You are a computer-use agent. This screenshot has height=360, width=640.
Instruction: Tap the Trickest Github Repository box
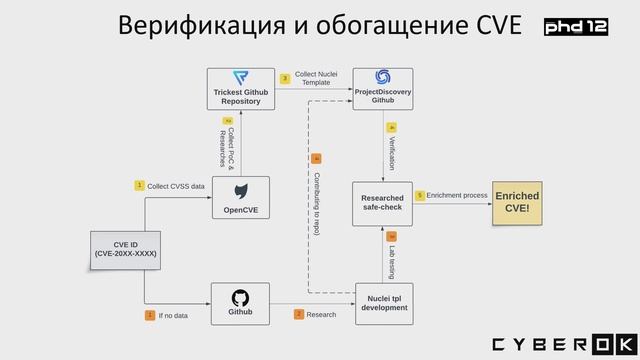pos(240,89)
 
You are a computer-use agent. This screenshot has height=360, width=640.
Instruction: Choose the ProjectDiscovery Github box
pos(383,89)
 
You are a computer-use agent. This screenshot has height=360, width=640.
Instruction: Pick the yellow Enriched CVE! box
pos(517,202)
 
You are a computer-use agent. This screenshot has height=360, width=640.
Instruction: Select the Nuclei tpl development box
pos(383,303)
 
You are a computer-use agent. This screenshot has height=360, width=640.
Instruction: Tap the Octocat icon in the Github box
pos(241,297)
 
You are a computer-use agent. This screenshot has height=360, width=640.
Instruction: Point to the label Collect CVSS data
pos(176,186)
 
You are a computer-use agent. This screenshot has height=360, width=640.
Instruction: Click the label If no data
pos(173,315)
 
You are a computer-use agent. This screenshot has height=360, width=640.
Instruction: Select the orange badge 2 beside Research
pos(298,314)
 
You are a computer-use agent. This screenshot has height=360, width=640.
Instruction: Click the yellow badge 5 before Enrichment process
pos(420,196)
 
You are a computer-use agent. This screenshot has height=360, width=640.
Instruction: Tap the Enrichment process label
pos(457,196)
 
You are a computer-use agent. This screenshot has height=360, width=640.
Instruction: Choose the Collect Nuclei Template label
pos(316,78)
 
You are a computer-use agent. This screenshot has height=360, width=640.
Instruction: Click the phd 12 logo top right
pos(576,27)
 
